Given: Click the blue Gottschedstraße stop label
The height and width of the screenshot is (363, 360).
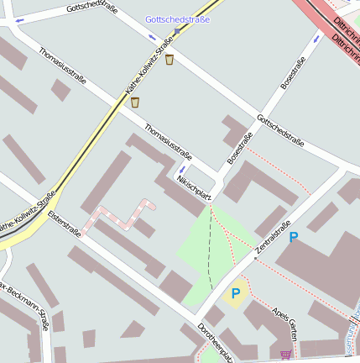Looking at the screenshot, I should click(177, 18).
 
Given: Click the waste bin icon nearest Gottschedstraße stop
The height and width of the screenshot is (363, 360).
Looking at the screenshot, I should click(170, 60).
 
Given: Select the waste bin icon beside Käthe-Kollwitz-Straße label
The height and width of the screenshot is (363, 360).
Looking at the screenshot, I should click(134, 103).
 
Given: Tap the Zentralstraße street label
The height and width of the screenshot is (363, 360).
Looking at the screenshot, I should click(273, 238).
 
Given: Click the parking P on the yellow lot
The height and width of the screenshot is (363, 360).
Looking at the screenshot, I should click(236, 293).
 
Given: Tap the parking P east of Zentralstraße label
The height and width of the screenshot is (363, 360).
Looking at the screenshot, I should click(293, 238).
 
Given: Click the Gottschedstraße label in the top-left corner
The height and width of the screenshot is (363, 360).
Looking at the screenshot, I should click(91, 8).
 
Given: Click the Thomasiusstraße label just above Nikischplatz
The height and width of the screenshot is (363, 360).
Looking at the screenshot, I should click(169, 142).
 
